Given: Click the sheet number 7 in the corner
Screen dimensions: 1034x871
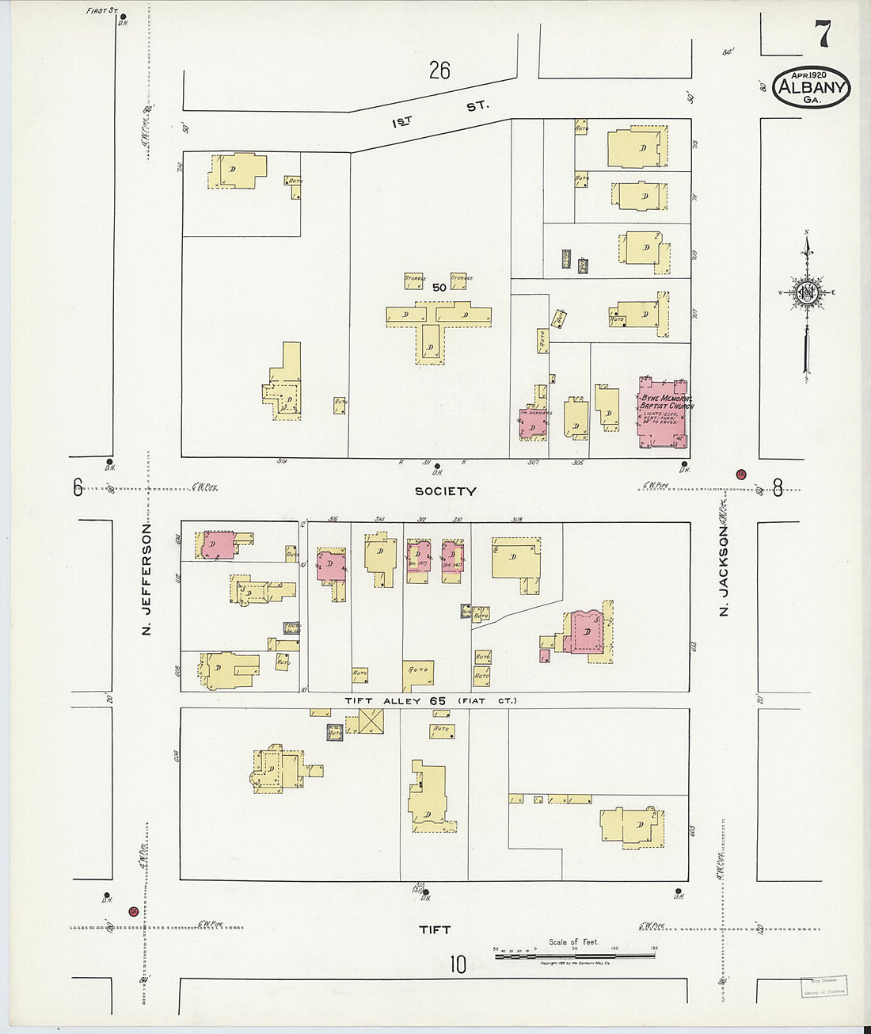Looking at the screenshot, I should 823,34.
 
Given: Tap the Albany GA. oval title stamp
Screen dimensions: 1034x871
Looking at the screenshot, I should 811,88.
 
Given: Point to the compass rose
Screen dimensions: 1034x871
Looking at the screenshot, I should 806,292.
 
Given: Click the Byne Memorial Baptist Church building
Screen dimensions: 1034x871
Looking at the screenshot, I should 663,412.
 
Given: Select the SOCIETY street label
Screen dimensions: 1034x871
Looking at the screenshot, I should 446,491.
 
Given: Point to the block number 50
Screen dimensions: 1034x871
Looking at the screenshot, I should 439,288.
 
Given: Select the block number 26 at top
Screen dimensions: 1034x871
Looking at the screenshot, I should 439,71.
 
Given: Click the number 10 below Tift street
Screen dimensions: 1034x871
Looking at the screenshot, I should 458,964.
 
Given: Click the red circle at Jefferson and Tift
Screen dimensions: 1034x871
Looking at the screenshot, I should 134,911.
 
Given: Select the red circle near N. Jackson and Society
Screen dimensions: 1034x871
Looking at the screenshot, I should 741,475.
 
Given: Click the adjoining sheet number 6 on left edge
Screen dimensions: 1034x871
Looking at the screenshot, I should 78,487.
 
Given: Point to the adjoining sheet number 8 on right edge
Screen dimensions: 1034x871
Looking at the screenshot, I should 778,488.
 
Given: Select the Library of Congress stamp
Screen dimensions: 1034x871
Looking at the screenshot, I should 823,985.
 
